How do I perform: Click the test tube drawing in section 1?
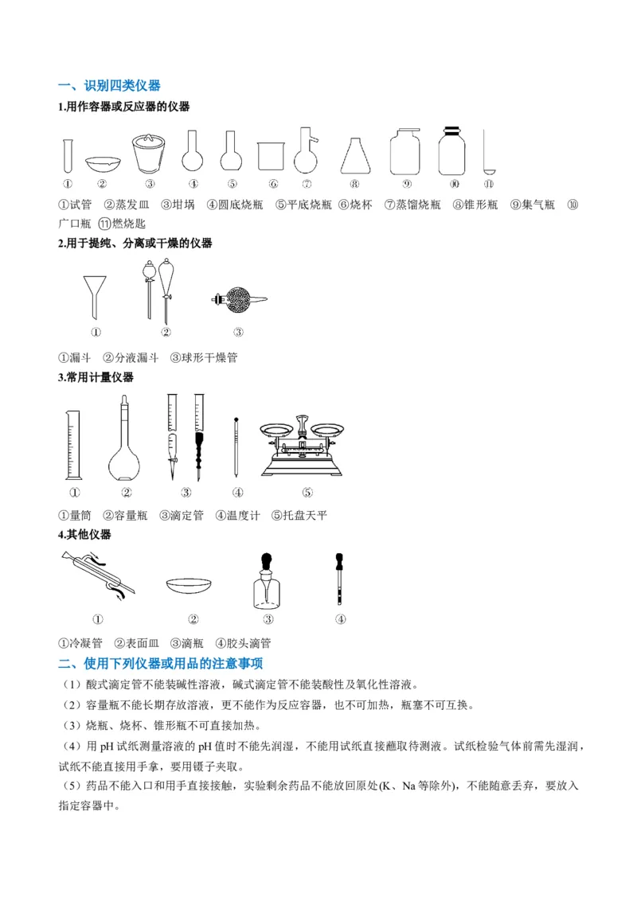tap(68, 154)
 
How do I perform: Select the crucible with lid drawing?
tap(149, 153)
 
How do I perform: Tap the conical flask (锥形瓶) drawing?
tap(355, 156)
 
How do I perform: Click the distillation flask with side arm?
tap(305, 151)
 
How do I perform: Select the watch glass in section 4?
tap(193, 586)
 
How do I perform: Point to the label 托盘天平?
tap(305, 515)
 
